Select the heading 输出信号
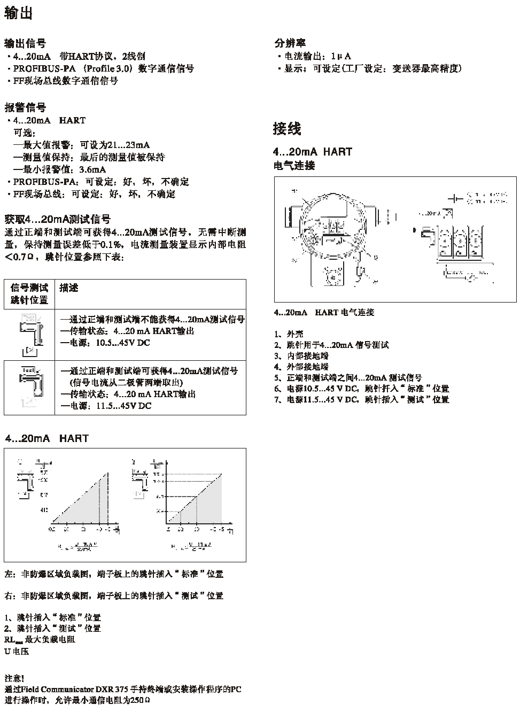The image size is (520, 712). pyautogui.click(x=25, y=43)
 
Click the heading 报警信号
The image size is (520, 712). pyautogui.click(x=25, y=107)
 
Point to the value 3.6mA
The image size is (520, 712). pyautogui.click(x=92, y=169)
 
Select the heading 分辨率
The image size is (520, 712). pyautogui.click(x=290, y=43)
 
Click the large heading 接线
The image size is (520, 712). pyautogui.click(x=287, y=128)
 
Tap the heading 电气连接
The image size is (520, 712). pyautogui.click(x=294, y=166)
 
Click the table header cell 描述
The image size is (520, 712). pyautogui.click(x=69, y=288)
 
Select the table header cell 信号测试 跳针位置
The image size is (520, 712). pyautogui.click(x=29, y=294)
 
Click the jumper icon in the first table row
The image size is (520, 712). pyautogui.click(x=29, y=335)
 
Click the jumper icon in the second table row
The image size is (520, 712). pyautogui.click(x=29, y=388)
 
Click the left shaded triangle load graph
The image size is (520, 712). pyautogui.click(x=80, y=497)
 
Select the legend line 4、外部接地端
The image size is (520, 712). pyautogui.click(x=301, y=367)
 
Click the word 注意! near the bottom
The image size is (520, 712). pyautogui.click(x=13, y=678)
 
